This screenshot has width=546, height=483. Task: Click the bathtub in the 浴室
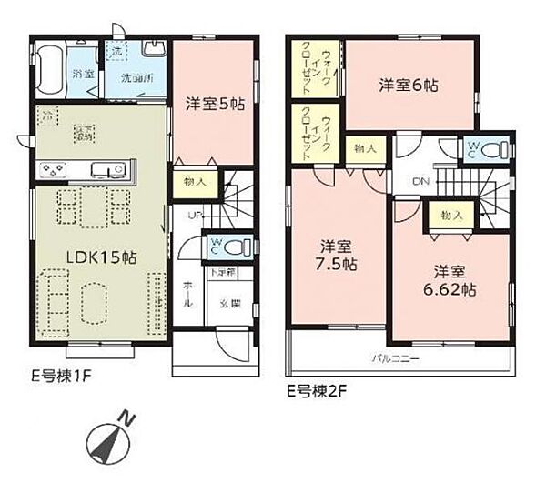point(52,64)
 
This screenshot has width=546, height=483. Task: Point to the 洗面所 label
point(138,75)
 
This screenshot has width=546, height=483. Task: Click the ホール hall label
point(187,295)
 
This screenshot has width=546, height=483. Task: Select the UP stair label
point(196,216)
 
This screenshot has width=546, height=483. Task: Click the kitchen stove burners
point(53,168)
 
